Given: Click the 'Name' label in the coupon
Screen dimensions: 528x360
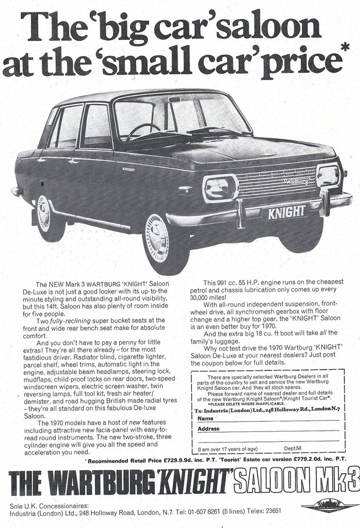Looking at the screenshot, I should tap(205, 419).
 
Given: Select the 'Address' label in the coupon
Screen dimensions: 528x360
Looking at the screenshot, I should tap(208, 428).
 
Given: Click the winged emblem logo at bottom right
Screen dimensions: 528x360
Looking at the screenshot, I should tap(330, 506).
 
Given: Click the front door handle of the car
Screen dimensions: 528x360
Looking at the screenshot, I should tap(74, 161).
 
